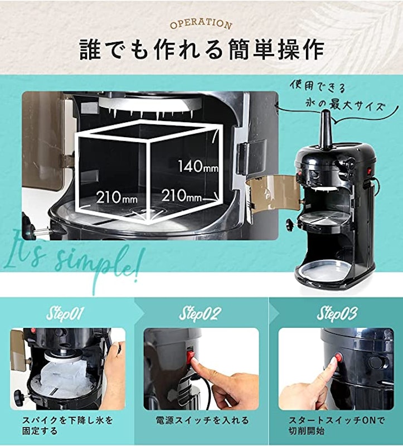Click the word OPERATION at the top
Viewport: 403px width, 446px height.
point(201,25)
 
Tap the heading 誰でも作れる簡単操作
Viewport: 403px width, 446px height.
point(201,50)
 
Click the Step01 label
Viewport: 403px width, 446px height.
point(66,313)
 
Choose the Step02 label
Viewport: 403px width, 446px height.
point(201,313)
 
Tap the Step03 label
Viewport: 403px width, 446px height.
point(337,313)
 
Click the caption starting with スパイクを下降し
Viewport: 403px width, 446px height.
point(67,425)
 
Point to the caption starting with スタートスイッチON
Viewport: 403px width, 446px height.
point(336,425)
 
